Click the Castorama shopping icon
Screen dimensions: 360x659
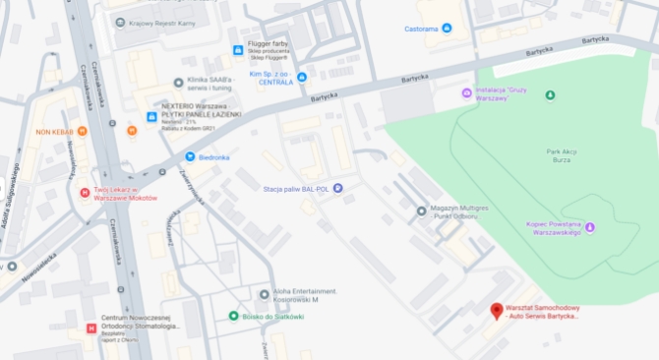click(448, 29)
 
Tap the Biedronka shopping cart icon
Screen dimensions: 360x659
click(190, 156)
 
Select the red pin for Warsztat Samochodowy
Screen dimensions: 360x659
click(497, 311)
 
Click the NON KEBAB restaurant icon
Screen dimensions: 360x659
click(83, 131)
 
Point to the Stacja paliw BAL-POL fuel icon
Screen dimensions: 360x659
click(338, 188)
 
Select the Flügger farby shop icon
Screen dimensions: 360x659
click(237, 50)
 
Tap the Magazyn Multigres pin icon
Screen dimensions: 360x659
click(421, 210)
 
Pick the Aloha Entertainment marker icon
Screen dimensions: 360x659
click(264, 294)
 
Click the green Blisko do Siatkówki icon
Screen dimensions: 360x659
click(233, 316)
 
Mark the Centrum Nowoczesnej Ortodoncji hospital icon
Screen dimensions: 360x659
click(91, 329)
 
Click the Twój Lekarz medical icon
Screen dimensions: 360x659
click(85, 192)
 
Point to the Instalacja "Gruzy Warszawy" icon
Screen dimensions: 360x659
click(466, 93)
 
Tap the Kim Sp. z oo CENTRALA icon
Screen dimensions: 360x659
click(302, 77)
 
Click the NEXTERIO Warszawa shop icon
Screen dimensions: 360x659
click(150, 116)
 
